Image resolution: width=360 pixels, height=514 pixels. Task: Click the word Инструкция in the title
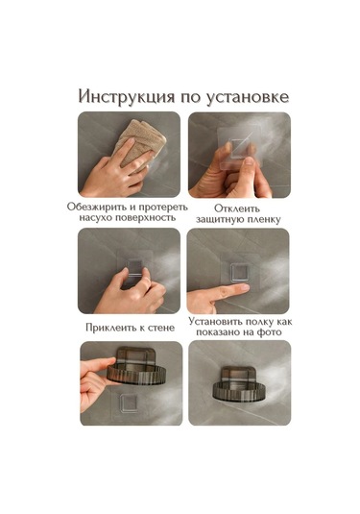127,97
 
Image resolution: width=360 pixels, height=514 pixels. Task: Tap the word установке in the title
248,97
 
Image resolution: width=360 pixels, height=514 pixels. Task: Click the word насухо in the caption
95,218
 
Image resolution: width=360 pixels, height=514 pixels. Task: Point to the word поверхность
145,218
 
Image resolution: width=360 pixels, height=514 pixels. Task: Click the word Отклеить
237,208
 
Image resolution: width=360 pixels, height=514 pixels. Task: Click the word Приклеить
110,328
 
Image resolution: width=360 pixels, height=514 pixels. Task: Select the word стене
161,328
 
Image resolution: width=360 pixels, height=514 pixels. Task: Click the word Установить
215,322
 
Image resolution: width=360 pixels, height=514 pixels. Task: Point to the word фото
269,332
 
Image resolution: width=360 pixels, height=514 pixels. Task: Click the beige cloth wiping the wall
141,142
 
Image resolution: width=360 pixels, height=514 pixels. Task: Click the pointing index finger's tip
246,287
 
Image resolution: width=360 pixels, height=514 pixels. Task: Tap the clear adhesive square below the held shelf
129,403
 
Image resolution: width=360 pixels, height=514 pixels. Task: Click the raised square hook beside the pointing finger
241,273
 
